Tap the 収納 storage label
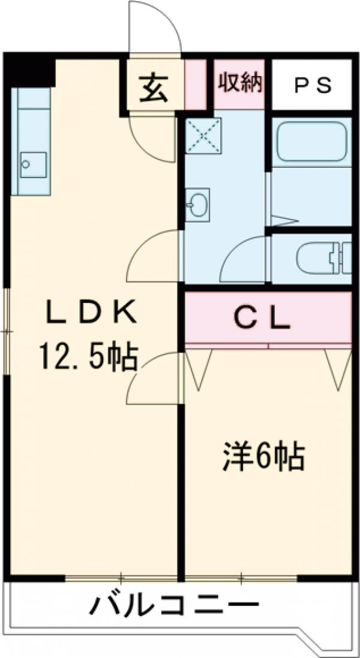pyautogui.click(x=240, y=83)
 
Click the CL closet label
pyautogui.click(x=262, y=318)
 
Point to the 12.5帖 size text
pyautogui.click(x=88, y=357)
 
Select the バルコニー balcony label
pyautogui.click(x=174, y=606)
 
